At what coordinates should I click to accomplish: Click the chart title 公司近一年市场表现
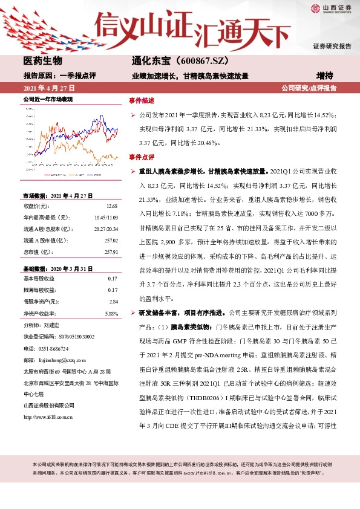[48, 99]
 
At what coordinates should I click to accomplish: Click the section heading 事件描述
[142, 100]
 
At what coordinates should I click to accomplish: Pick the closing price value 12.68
[111, 207]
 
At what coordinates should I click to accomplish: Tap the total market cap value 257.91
[110, 252]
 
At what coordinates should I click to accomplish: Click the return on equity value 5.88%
[111, 314]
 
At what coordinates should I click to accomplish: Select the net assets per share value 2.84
[113, 300]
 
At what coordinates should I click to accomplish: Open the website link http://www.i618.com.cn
[48, 400]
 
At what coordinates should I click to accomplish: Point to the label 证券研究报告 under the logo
[332, 46]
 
